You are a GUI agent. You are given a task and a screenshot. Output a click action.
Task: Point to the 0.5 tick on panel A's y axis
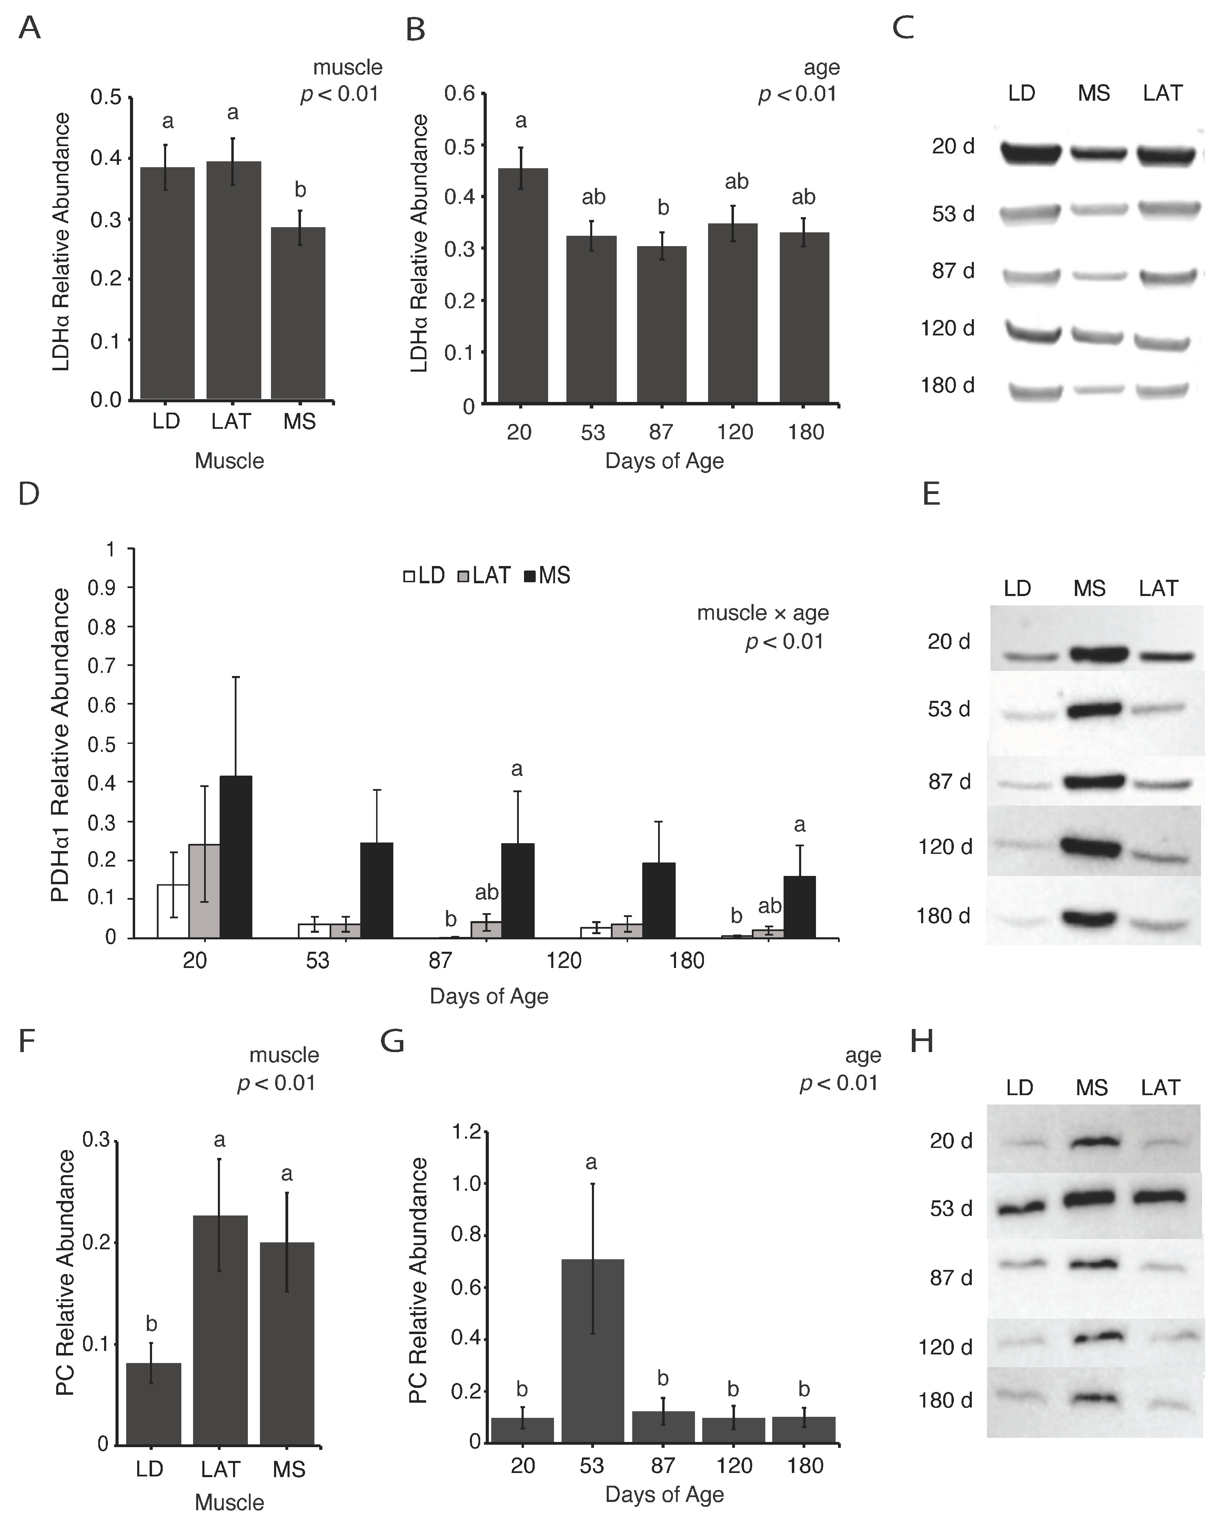point(106,97)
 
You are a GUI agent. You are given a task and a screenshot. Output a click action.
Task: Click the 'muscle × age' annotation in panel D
point(763,613)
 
